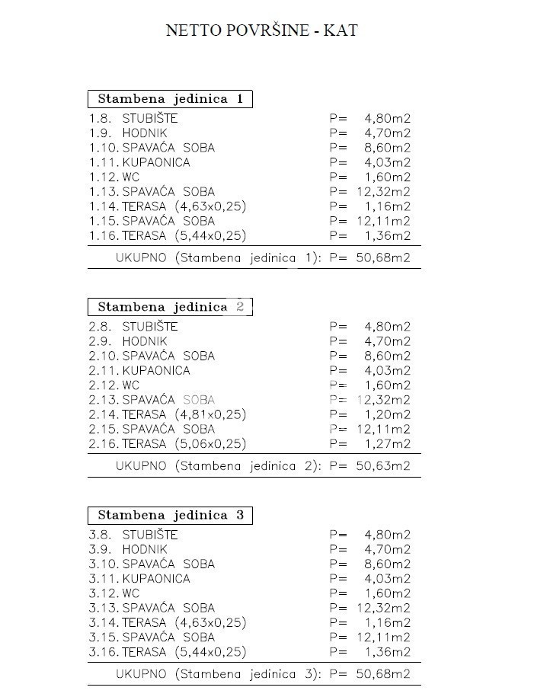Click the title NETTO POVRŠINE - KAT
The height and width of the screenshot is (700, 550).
[x=261, y=30]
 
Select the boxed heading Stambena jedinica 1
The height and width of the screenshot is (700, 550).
[x=170, y=99]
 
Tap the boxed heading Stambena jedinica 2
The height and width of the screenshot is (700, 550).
[x=170, y=307]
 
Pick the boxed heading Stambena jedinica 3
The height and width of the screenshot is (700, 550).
[x=170, y=515]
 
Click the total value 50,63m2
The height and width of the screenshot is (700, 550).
[x=383, y=465]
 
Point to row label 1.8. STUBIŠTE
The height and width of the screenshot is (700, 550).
[x=133, y=119]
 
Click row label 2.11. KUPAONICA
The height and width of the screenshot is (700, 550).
[x=139, y=371]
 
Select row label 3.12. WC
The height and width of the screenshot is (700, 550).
[x=114, y=593]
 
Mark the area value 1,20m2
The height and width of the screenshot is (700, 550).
[x=388, y=415]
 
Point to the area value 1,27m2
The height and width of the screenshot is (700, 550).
[x=388, y=444]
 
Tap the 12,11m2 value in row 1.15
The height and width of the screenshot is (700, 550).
[x=383, y=221]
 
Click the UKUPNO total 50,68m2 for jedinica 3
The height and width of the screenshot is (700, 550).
[x=383, y=673]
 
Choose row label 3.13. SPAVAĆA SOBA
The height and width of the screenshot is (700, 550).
[x=152, y=608]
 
